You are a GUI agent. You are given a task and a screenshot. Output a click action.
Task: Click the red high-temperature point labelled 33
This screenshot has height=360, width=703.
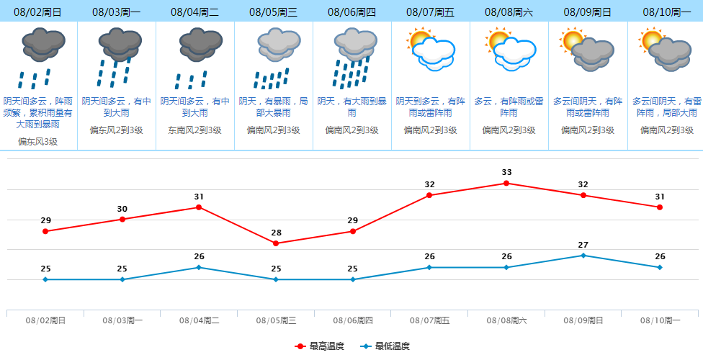pyautogui.click(x=506, y=183)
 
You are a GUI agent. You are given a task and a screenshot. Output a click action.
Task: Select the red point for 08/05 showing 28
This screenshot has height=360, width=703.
pyautogui.click(x=276, y=243)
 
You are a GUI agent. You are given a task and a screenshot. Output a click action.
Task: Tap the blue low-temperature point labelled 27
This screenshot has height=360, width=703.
pyautogui.click(x=583, y=255)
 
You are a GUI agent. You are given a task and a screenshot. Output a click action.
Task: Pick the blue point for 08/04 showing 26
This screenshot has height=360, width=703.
pyautogui.click(x=199, y=267)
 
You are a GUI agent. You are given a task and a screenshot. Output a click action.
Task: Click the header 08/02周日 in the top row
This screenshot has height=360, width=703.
pyautogui.click(x=37, y=12)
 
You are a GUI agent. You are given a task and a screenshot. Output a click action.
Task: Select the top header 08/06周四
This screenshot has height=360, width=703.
pyautogui.click(x=351, y=12)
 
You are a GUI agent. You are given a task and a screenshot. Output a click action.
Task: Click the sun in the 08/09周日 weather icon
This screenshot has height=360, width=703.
pyautogui.click(x=573, y=40)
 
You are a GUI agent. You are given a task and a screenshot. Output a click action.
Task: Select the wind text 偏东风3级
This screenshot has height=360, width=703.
pyautogui.click(x=37, y=142)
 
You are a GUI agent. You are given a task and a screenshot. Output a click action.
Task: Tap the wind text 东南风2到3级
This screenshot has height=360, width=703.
pyautogui.click(x=194, y=130)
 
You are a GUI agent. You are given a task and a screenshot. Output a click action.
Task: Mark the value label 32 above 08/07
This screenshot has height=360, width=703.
pyautogui.click(x=429, y=184)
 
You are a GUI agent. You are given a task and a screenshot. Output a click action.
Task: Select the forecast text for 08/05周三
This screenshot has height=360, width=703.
pyautogui.click(x=273, y=107)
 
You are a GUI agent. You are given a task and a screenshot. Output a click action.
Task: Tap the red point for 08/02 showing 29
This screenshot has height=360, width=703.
pyautogui.click(x=45, y=231)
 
